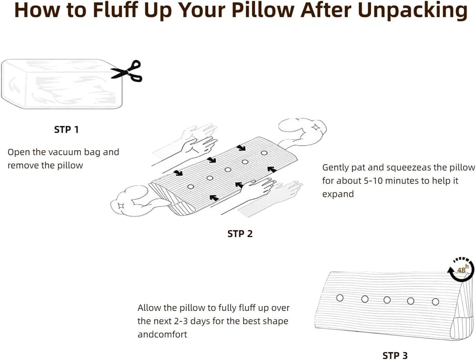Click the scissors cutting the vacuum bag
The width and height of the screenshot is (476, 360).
click(127, 72)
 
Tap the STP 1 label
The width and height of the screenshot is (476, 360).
click(66, 130)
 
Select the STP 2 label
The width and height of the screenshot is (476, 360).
click(240, 233)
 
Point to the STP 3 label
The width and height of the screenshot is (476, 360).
click(395, 355)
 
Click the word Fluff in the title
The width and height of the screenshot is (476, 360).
click(116, 10)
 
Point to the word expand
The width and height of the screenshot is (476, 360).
click(338, 194)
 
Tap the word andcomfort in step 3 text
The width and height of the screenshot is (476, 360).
click(162, 334)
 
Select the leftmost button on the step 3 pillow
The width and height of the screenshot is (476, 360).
click(340, 298)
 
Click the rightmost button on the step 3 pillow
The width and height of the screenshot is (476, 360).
click(435, 302)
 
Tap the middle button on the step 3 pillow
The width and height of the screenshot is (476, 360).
click(387, 300)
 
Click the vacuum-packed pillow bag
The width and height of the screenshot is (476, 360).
click(62, 84)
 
